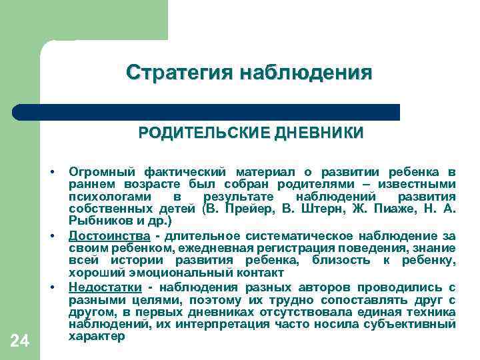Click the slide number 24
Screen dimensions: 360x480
pos(20,342)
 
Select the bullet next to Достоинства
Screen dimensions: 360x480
pos(51,236)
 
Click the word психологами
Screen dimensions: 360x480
pos(106,197)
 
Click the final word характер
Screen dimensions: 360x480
pos(97,337)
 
